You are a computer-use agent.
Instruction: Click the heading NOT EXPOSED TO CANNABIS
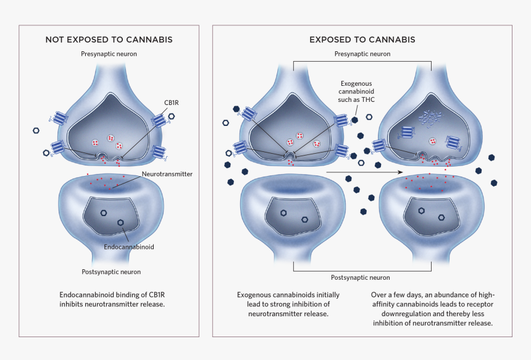coord(109,40)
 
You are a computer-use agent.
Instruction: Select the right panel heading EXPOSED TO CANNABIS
coord(362,40)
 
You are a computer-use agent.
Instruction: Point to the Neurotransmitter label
coord(167,174)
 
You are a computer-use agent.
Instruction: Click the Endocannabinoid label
coord(130,246)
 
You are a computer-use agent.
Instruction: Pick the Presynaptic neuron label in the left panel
coord(109,54)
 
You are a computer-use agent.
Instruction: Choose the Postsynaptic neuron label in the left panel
coord(111,272)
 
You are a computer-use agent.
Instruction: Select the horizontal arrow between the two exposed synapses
coord(364,172)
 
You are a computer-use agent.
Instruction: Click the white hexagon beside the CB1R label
coord(172,116)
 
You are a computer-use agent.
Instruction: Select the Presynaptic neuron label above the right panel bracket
coord(362,54)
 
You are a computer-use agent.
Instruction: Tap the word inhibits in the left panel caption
coord(72,304)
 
